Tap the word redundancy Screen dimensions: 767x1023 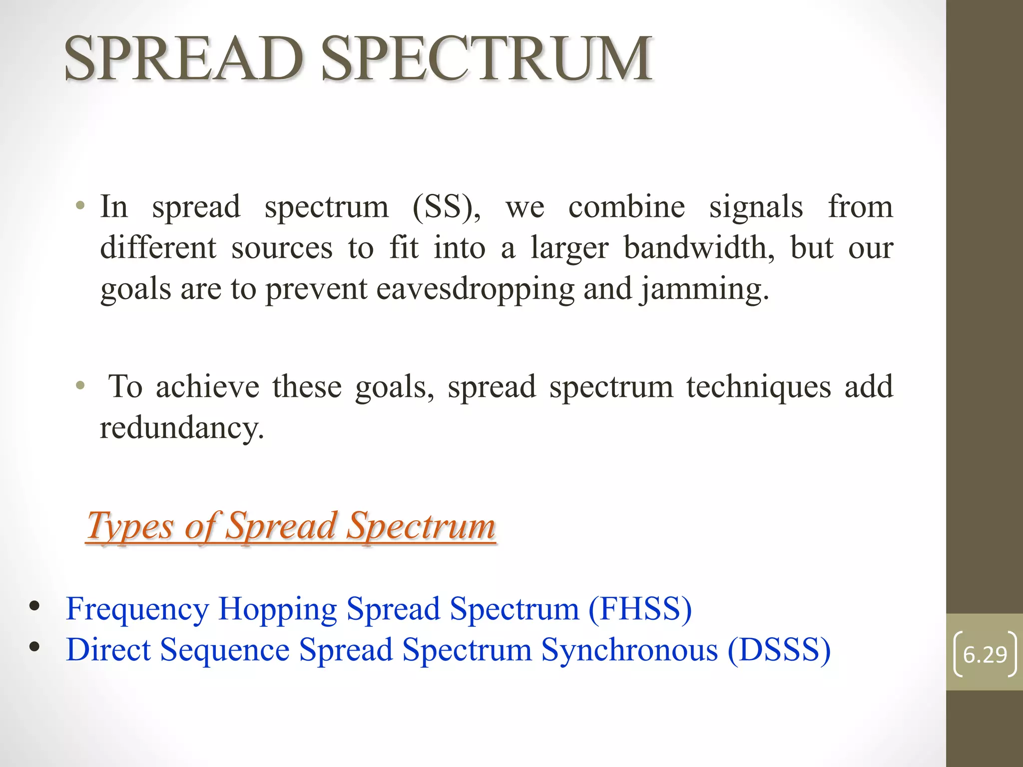coord(182,428)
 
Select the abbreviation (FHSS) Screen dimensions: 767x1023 coord(640,609)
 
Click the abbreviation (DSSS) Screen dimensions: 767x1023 coord(779,650)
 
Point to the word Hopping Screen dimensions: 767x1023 coord(278,609)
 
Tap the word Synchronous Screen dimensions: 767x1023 coord(629,650)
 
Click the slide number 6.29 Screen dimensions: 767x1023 coord(985,655)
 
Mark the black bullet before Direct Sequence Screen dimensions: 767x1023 coord(34,647)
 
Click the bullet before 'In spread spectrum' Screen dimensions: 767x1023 coord(80,205)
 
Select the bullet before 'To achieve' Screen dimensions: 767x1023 coord(80,385)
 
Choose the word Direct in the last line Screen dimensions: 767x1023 coord(108,650)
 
